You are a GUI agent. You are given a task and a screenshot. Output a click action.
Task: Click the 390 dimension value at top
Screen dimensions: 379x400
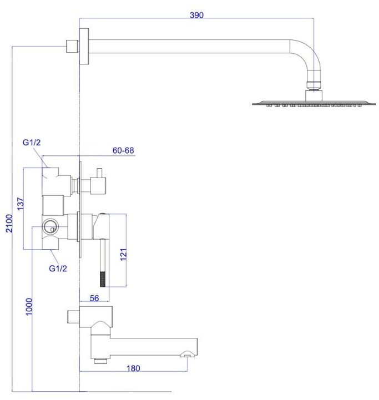196,15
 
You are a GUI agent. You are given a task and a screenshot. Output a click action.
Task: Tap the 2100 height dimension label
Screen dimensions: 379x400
9,224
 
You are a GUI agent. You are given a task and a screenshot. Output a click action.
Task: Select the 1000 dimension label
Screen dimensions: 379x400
29,307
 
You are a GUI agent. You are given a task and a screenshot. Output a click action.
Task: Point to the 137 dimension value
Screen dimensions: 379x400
21,204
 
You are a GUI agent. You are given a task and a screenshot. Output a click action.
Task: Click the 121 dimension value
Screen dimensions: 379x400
123,254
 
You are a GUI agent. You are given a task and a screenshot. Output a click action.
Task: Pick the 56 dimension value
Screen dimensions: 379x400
94,298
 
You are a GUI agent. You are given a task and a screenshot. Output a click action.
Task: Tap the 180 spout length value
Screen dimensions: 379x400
133,368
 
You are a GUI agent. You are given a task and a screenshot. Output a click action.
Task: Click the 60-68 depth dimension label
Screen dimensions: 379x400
123,150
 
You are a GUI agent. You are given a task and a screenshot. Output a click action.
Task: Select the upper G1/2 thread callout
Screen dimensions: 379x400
32,142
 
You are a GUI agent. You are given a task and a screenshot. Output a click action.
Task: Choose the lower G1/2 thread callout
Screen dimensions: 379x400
58,269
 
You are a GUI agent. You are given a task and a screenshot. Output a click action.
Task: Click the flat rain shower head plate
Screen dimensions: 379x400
314,103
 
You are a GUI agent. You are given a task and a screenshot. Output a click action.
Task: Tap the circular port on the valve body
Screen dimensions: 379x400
50,226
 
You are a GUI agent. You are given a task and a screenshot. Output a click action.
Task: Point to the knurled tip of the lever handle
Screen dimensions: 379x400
103,279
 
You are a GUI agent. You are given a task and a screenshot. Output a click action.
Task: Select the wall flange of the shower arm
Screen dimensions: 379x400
84,46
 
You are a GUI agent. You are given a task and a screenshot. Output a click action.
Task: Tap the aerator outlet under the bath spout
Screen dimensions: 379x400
187,354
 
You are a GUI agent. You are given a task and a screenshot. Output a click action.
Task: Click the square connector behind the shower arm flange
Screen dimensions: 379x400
72,46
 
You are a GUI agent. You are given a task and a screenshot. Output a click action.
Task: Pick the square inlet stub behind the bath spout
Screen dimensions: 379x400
73,317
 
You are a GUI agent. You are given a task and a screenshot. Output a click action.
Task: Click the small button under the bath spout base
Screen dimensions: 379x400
100,361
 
